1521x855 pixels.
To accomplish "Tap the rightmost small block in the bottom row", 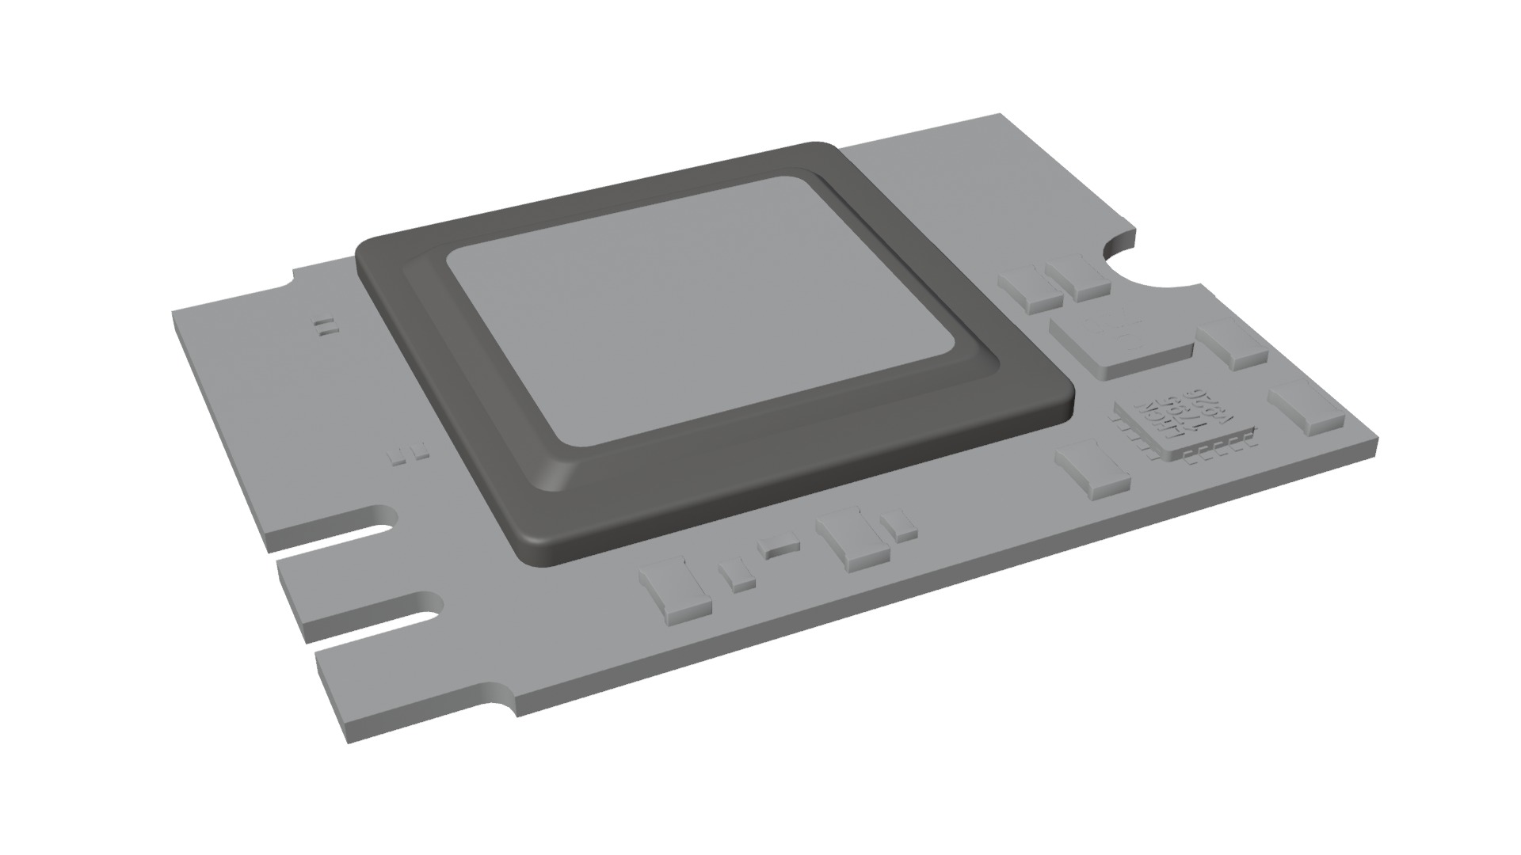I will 898,525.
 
